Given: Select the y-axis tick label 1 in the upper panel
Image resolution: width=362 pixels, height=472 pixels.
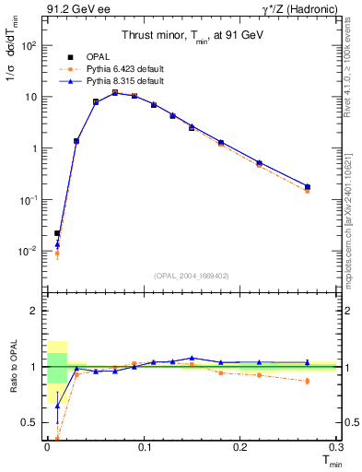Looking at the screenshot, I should [x=32, y=148].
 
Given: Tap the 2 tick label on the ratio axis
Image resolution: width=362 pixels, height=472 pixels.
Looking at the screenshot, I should [x=32, y=311].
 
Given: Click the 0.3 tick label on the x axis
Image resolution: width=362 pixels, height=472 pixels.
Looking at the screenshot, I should [x=337, y=446].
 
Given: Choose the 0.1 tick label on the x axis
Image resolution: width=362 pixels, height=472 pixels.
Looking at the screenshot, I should [x=144, y=446].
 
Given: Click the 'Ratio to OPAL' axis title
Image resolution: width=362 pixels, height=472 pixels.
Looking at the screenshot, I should [x=12, y=368].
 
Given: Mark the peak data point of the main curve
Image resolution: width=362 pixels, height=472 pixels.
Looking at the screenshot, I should [x=115, y=92].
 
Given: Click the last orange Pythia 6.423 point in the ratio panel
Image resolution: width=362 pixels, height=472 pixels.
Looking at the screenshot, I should [x=308, y=381].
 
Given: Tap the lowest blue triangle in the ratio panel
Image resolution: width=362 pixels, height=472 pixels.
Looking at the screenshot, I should [x=57, y=406].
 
